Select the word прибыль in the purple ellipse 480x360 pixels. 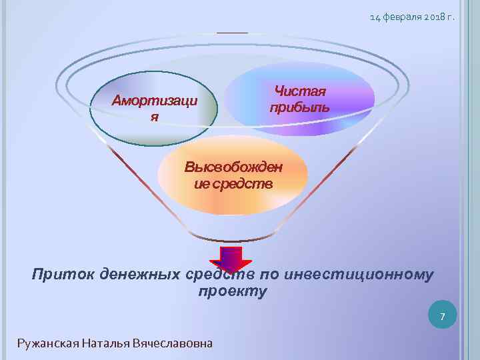tap(299, 107)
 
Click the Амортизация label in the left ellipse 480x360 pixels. tap(154, 102)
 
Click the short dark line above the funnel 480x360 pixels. tap(232, 33)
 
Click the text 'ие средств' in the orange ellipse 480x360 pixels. tap(233, 183)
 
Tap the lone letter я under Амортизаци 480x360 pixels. tap(154, 117)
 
